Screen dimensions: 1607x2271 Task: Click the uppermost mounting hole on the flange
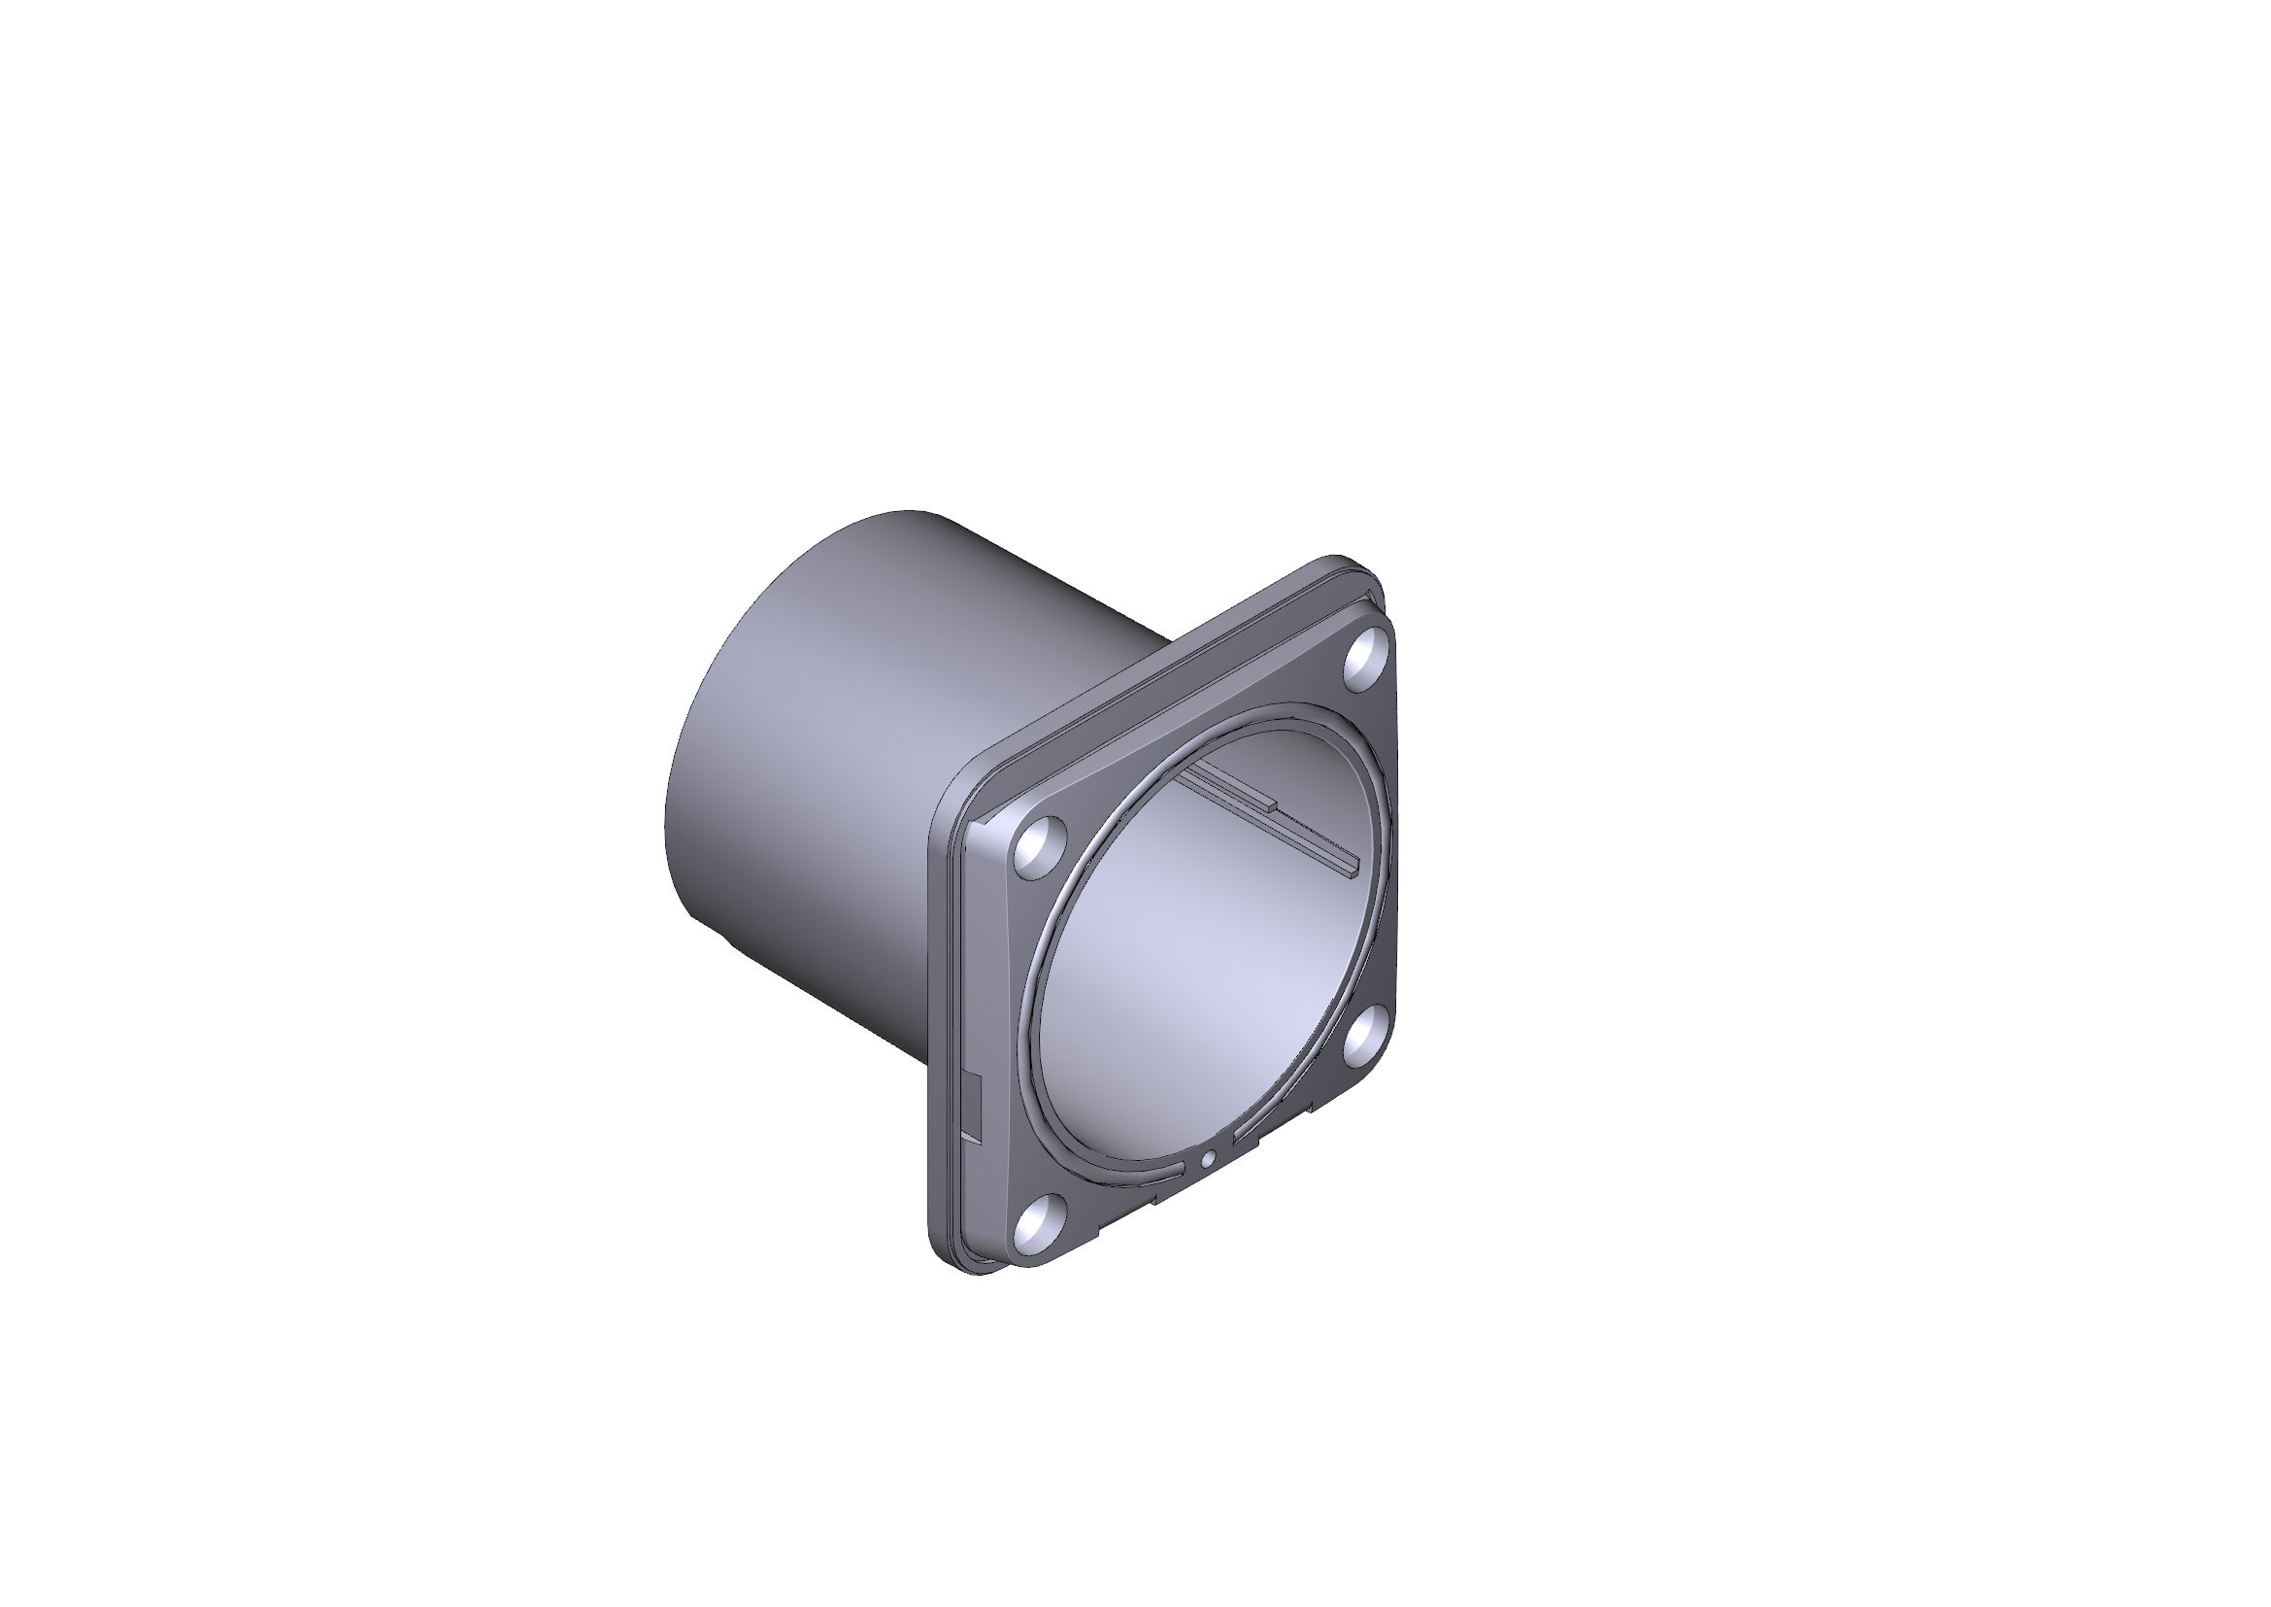[1368, 656]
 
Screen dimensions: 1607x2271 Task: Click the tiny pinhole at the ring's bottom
[1207, 1159]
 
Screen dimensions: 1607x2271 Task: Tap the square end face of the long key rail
[1354, 867]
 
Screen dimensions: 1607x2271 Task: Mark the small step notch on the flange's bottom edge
[1157, 1201]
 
